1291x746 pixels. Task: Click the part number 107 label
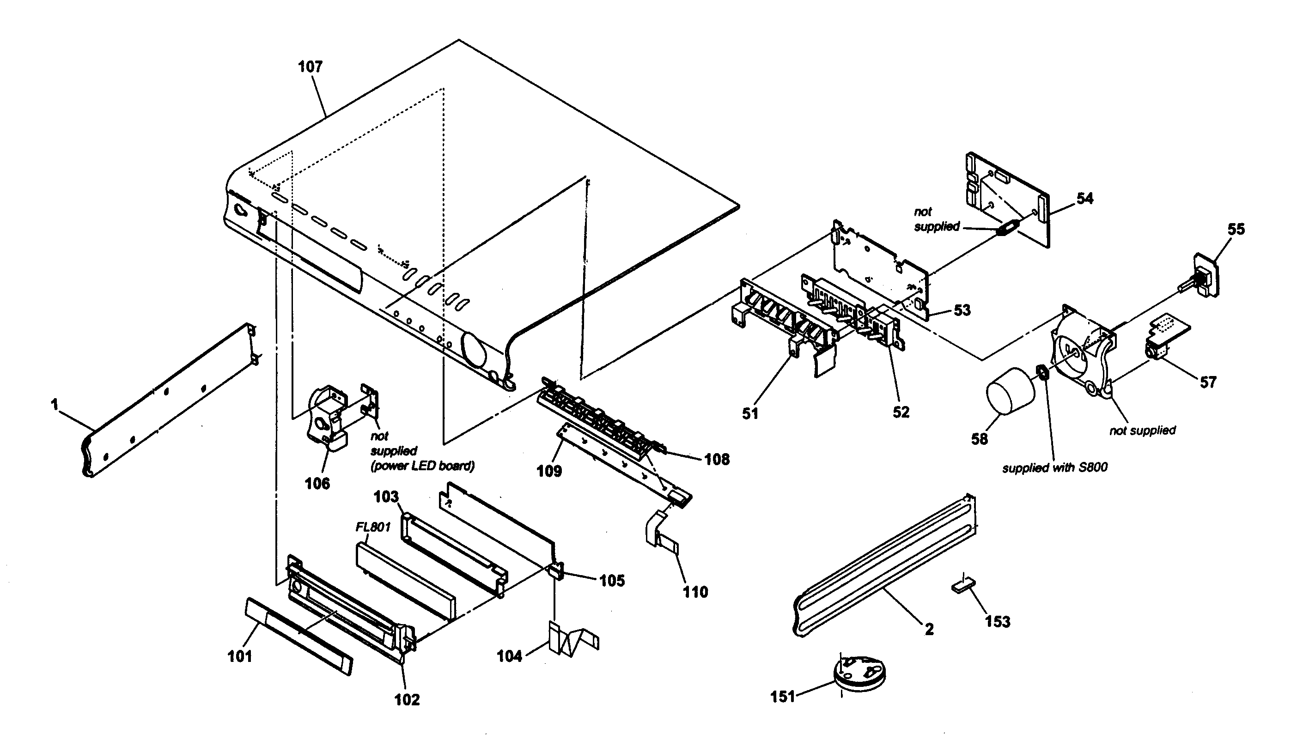[x=310, y=67]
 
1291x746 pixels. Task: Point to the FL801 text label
[x=373, y=527]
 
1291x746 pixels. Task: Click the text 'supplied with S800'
[x=1054, y=467]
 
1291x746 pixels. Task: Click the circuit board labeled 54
[x=1007, y=200]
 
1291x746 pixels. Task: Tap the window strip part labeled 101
[x=298, y=635]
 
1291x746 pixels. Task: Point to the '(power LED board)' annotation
[x=422, y=466]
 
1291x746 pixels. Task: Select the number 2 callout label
[x=929, y=629]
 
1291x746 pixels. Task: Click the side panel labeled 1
[x=169, y=400]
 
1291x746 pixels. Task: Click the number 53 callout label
[x=961, y=310]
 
